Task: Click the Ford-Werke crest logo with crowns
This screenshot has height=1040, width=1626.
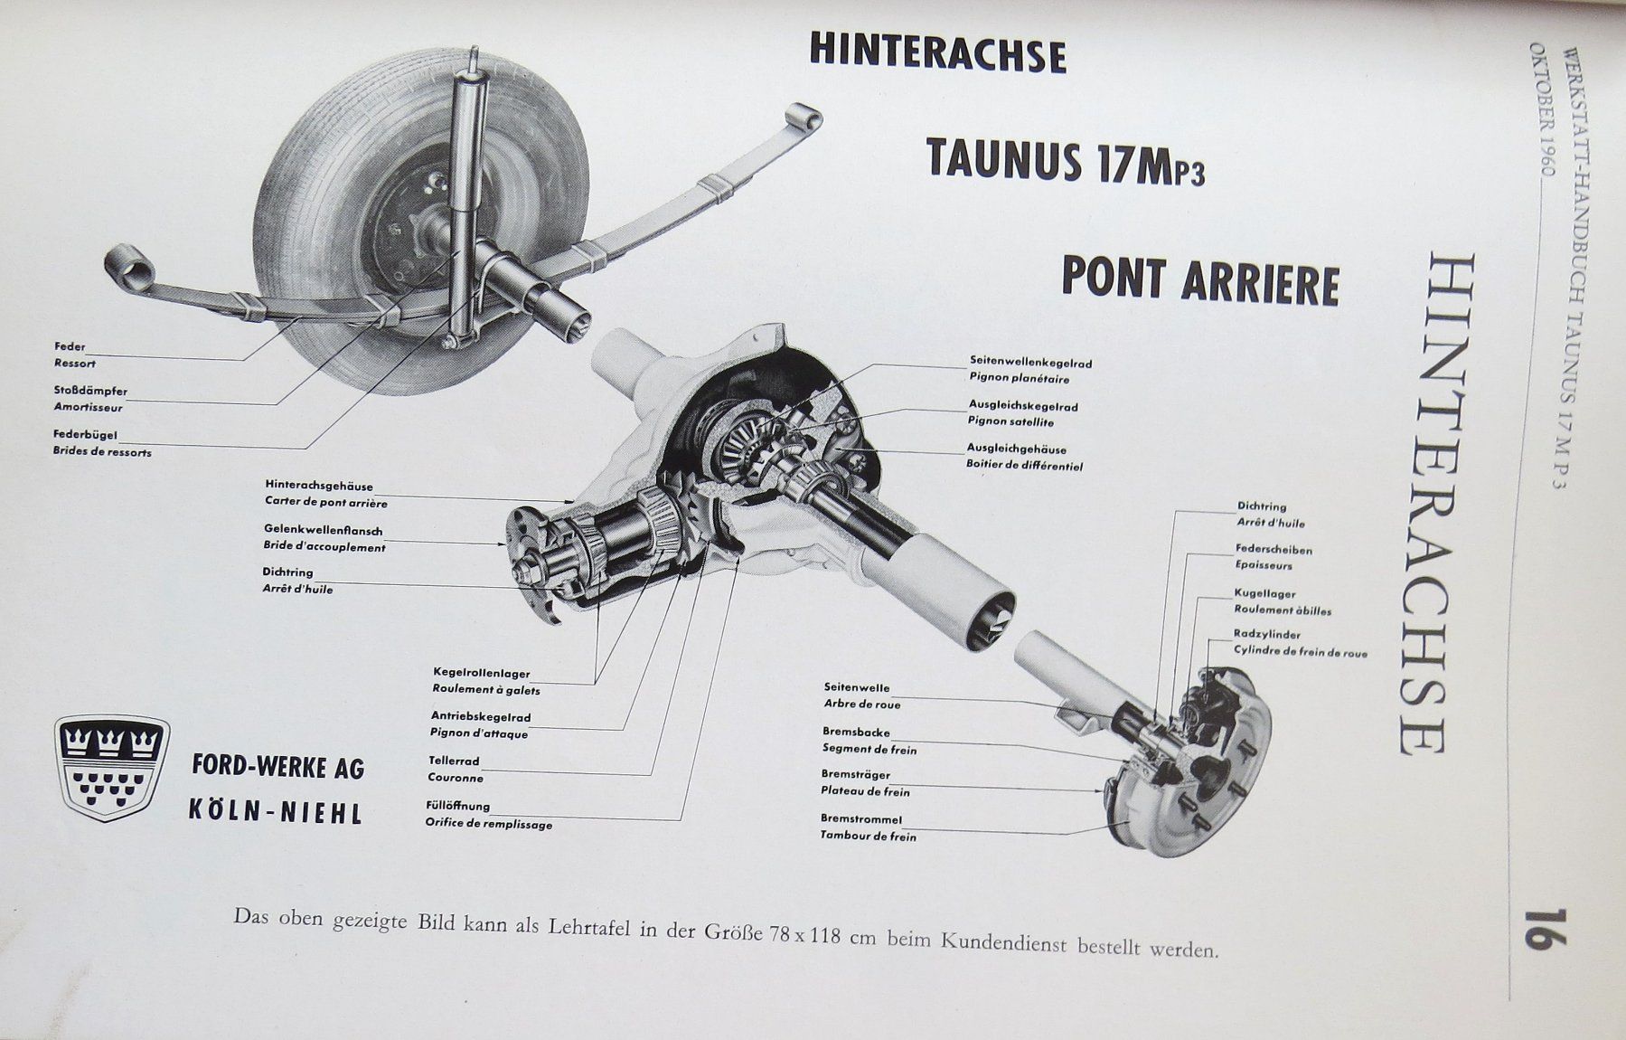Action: tap(112, 768)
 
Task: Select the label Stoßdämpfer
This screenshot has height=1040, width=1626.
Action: tap(90, 392)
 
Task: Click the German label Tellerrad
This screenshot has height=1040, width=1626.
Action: tap(454, 761)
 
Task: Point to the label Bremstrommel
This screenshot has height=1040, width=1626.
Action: tap(861, 819)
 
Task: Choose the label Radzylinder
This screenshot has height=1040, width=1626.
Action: tap(1266, 635)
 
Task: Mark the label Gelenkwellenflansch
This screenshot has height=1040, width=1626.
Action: tap(324, 530)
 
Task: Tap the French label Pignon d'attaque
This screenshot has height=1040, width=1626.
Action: tap(479, 733)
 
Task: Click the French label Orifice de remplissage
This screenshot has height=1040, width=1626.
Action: tap(489, 824)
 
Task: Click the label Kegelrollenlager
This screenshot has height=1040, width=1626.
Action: tap(482, 674)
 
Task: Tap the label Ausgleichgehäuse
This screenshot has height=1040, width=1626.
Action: tap(1017, 449)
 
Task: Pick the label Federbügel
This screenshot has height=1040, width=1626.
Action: tap(86, 435)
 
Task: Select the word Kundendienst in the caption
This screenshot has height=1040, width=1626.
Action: tap(1003, 942)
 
